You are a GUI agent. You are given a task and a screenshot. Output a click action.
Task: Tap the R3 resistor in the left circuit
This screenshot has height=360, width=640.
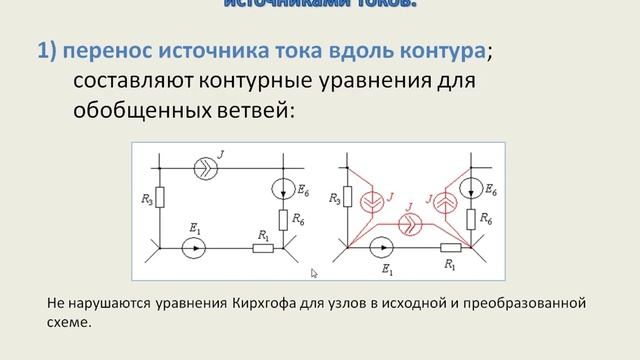point(160,197)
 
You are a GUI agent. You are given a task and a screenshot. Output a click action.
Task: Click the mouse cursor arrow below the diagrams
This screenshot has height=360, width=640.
point(314,272)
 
